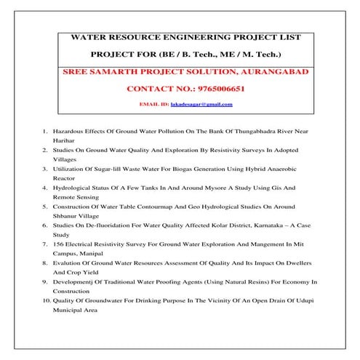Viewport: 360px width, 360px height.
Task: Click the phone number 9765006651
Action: (209, 88)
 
